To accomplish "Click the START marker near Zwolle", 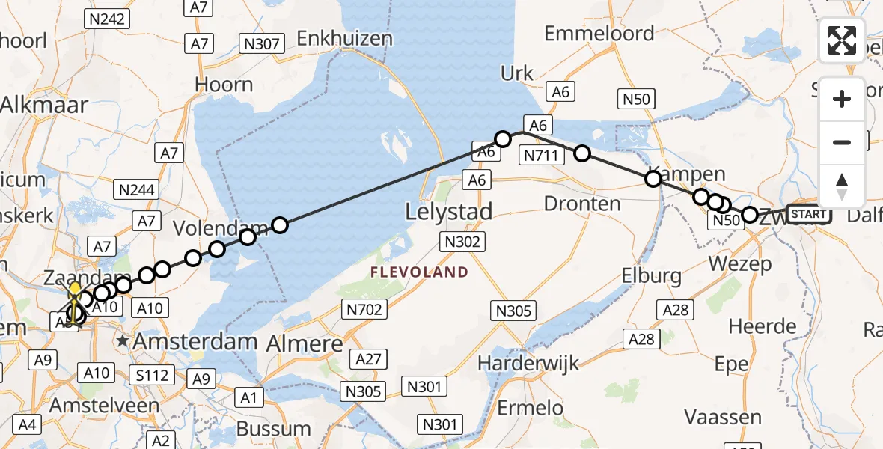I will tap(809, 215).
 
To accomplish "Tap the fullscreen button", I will tap(842, 40).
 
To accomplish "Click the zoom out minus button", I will tap(842, 142).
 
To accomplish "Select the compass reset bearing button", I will tap(842, 186).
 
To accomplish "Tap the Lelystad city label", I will tap(448, 212).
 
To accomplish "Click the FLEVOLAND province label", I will tap(418, 272).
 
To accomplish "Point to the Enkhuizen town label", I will tap(344, 37).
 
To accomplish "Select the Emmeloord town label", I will tap(599, 33).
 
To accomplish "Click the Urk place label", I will tap(517, 73).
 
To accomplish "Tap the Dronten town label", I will tap(582, 204).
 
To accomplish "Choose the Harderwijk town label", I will tap(528, 364).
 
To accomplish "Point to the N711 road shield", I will tap(542, 156).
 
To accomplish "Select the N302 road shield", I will tap(462, 242).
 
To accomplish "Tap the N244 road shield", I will tap(137, 189).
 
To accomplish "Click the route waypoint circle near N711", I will tap(581, 154).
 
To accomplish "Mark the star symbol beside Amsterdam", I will tap(123, 341).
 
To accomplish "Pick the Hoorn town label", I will tap(224, 84).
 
